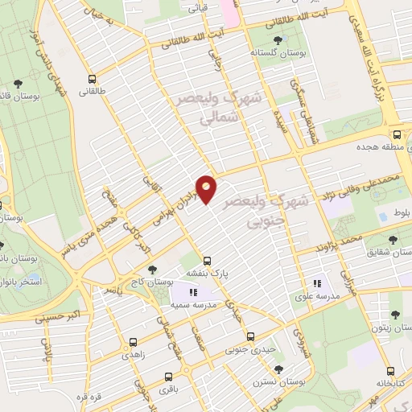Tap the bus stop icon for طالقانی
[x=93, y=80]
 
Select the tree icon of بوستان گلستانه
[x=278, y=39]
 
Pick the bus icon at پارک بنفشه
[x=208, y=261]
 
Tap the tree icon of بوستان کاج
[x=153, y=270]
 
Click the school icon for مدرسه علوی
[x=317, y=283]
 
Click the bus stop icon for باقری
[x=168, y=376]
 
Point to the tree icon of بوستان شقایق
[x=393, y=240]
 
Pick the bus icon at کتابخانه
[x=390, y=372]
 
